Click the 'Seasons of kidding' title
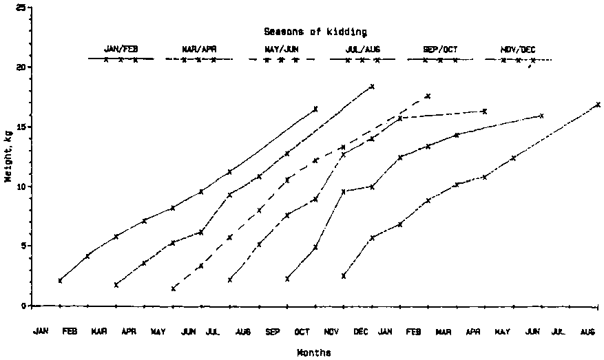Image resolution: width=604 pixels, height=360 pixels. pos(315,32)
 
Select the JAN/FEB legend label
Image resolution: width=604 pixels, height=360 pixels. pos(121,49)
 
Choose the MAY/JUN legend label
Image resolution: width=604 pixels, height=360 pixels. pos(281,50)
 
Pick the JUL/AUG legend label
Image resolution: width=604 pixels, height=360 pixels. pos(363,50)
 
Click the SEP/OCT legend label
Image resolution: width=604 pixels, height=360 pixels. pos(441,50)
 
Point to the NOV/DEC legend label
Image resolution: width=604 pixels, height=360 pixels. pos(519,50)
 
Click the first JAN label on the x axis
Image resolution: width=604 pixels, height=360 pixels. pos(41,332)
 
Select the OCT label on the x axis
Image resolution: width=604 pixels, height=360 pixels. pos(302,332)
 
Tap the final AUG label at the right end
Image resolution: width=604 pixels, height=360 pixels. pos(587,332)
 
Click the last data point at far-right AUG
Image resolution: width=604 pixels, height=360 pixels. pos(598,105)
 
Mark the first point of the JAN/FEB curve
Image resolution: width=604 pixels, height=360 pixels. pos(61,280)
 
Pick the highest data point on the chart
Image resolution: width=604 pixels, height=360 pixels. pos(372,87)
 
